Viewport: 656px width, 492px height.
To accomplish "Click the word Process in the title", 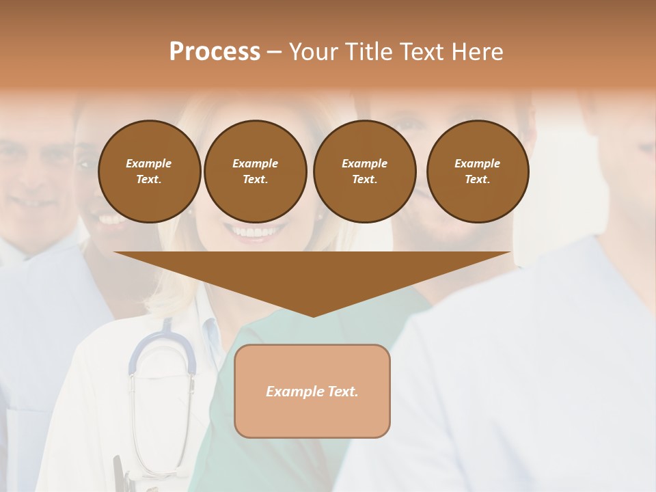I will pyautogui.click(x=215, y=52).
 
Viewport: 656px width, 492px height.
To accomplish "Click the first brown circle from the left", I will pyautogui.click(x=149, y=172).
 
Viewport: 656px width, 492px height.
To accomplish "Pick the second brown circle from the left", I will pyautogui.click(x=255, y=172).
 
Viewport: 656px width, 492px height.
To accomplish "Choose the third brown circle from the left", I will pyautogui.click(x=364, y=172).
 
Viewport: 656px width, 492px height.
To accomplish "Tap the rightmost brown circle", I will pyautogui.click(x=477, y=172).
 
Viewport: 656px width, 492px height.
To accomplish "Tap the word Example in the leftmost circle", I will pyautogui.click(x=149, y=163).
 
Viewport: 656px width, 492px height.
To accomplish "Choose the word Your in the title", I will pyautogui.click(x=313, y=52).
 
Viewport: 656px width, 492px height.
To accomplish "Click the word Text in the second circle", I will pyautogui.click(x=254, y=180).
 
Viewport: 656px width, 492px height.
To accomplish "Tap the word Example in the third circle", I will pyautogui.click(x=364, y=163).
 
